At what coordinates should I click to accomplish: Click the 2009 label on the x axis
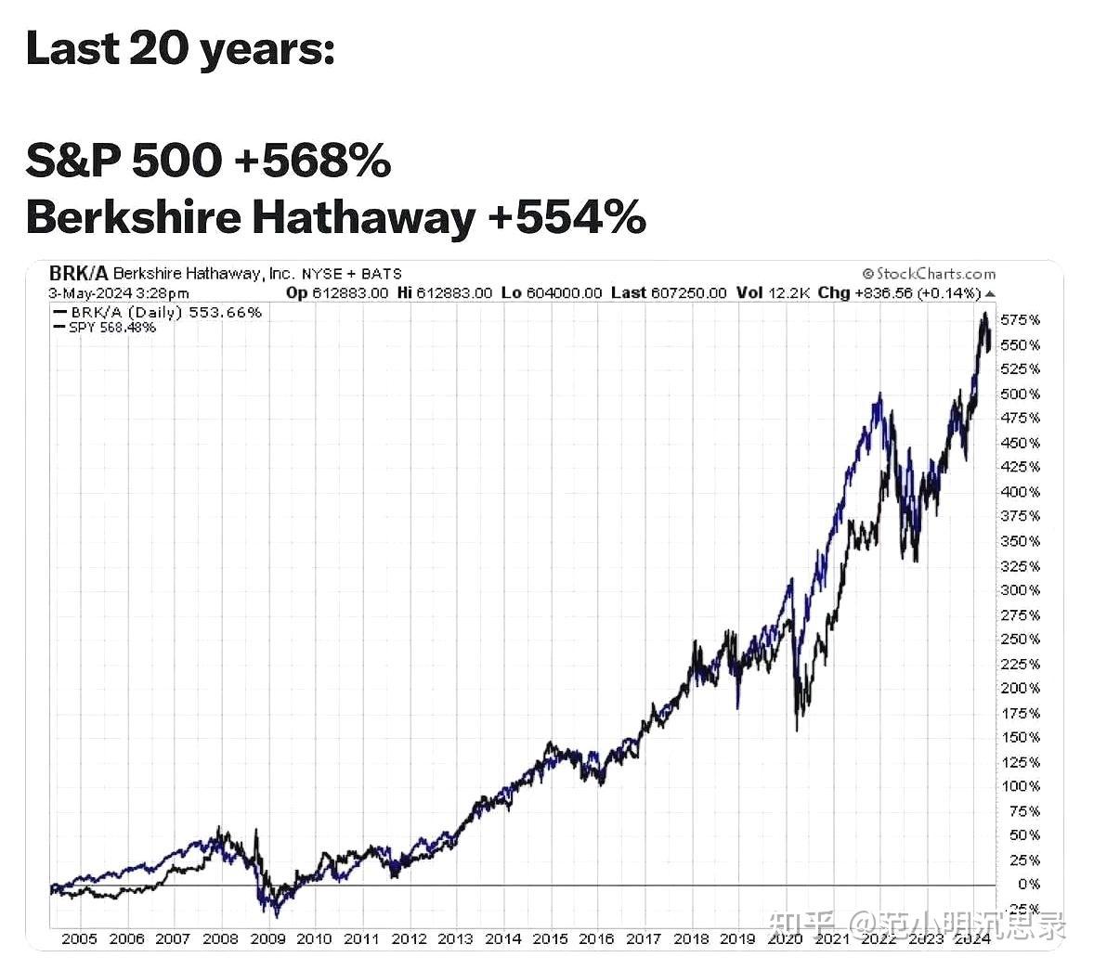point(267,938)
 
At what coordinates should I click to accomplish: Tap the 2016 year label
point(596,938)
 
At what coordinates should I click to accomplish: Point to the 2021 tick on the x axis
point(832,938)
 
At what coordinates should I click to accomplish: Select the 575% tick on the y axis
point(1021,320)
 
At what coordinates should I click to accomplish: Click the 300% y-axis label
point(1021,590)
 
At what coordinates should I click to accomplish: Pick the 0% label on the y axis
point(1028,885)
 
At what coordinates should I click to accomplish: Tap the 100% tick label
point(1021,786)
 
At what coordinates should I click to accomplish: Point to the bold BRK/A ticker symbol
point(78,274)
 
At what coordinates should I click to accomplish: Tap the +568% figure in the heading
point(313,161)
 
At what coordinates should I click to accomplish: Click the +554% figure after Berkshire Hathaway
point(567,217)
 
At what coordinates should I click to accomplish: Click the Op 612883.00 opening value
point(337,293)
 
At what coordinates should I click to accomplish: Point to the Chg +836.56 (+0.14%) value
point(899,293)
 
